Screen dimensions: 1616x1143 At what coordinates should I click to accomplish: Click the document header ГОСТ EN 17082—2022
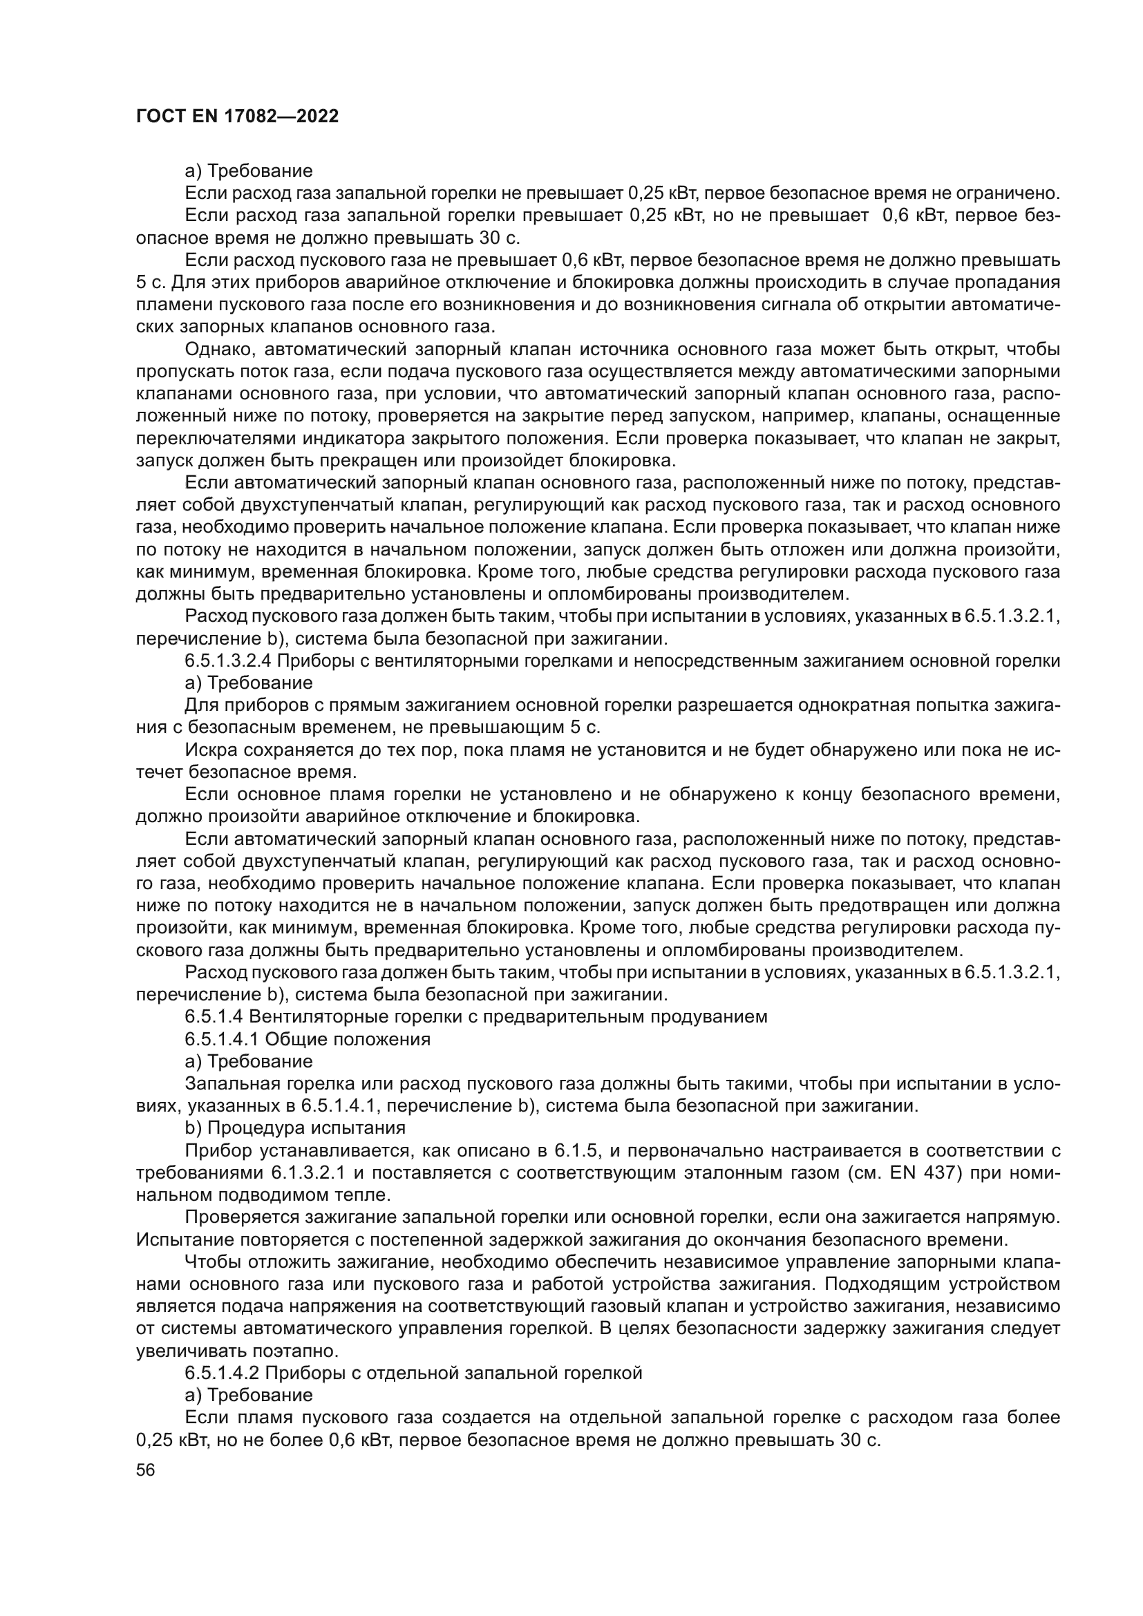236,117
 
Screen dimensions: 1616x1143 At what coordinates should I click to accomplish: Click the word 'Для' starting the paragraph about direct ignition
198,705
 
